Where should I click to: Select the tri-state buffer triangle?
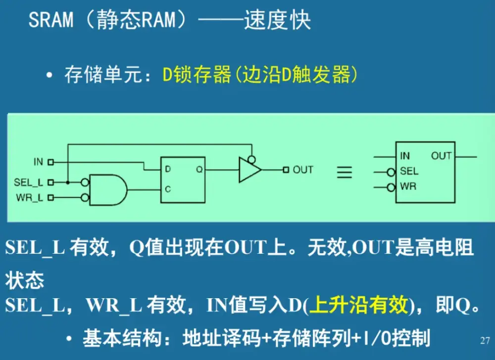pos(249,170)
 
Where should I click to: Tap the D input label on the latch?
pos(168,170)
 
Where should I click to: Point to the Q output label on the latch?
pos(199,170)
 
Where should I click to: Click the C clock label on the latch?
pos(168,189)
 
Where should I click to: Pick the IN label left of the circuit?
pos(38,162)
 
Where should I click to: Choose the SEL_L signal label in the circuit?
pos(29,182)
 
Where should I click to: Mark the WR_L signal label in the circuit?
pos(30,198)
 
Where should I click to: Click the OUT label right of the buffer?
pos(303,170)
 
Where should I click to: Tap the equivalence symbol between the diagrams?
pos(345,172)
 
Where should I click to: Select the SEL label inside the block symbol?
pos(409,172)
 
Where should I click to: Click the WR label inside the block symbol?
pos(408,187)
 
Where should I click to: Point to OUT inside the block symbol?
pos(441,156)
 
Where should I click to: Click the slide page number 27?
pos(485,341)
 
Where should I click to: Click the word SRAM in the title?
pos(51,20)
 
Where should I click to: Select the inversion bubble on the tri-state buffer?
pos(251,159)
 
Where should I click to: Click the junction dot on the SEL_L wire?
pos(67,182)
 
